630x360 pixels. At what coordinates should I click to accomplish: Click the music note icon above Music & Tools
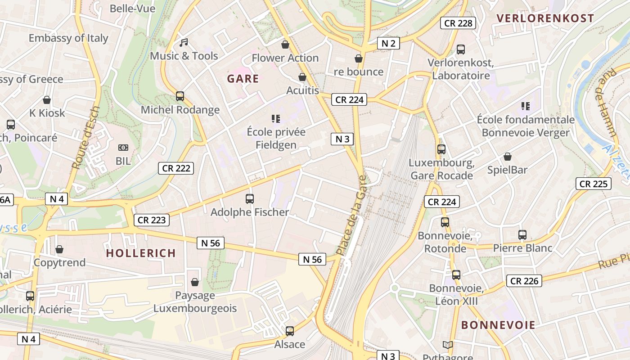coord(183,43)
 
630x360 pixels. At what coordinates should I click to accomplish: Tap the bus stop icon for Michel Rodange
coord(180,96)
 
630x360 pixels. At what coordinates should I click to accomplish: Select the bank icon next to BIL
coord(123,148)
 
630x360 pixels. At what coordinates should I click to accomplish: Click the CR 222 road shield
coord(176,168)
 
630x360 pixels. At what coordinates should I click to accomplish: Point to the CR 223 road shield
coord(152,220)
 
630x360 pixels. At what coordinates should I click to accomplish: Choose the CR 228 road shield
coord(458,23)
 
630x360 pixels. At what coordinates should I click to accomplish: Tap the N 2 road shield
coord(388,43)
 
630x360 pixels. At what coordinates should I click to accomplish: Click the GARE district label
coord(243,79)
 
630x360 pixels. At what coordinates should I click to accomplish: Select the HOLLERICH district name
coord(141,253)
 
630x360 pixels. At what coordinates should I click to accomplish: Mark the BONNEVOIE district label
coord(498,325)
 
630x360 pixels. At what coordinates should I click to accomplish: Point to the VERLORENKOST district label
coord(545,18)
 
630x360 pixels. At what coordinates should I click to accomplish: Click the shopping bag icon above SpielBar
coord(507,157)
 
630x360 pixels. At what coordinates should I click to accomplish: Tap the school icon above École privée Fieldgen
coord(276,119)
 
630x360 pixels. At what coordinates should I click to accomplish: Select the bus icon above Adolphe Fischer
coord(249,198)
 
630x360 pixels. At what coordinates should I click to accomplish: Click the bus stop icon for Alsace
coord(290,331)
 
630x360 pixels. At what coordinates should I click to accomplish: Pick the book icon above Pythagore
coord(447,345)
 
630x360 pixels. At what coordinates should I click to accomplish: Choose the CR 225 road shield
coord(593,184)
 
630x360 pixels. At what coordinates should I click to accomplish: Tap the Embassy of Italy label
coord(68,38)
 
